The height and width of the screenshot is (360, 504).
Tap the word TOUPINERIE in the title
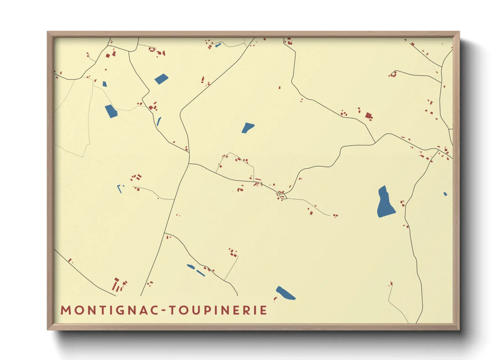(218, 310)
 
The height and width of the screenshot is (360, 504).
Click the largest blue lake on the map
(385, 203)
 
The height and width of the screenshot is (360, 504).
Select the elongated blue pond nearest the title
(285, 293)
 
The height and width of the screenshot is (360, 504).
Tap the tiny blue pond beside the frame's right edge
(445, 194)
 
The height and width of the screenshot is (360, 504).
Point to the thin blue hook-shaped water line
(120, 189)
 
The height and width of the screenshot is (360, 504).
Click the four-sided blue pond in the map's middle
(248, 128)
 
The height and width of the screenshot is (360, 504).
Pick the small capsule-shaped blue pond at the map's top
(218, 45)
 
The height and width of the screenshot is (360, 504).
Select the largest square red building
(368, 116)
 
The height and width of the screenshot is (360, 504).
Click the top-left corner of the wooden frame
(47, 32)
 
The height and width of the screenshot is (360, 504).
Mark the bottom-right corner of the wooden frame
(459, 330)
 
